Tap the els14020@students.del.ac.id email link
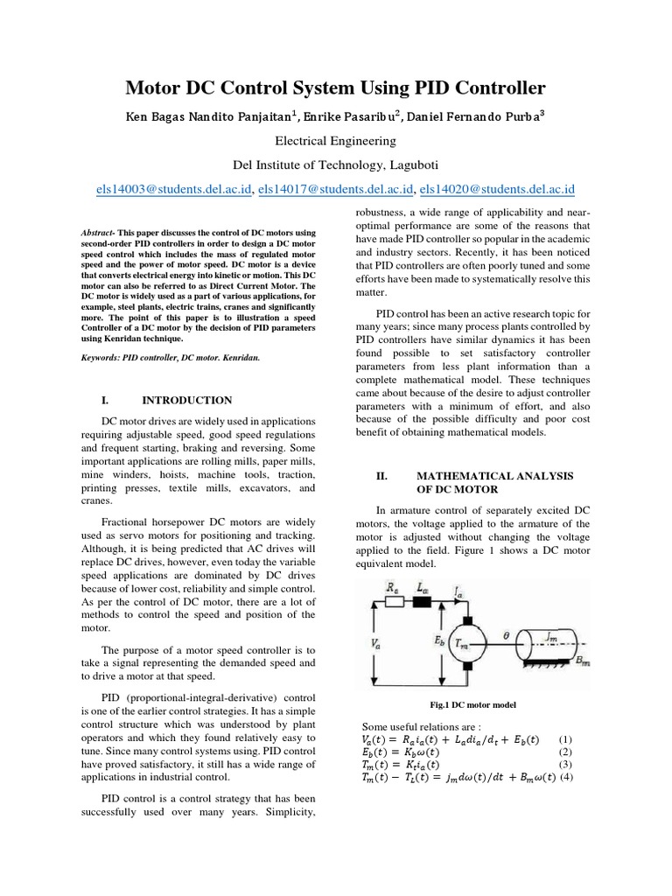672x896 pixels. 497,189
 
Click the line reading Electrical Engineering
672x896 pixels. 335,140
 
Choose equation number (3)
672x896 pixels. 565,765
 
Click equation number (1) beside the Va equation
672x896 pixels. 565,738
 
